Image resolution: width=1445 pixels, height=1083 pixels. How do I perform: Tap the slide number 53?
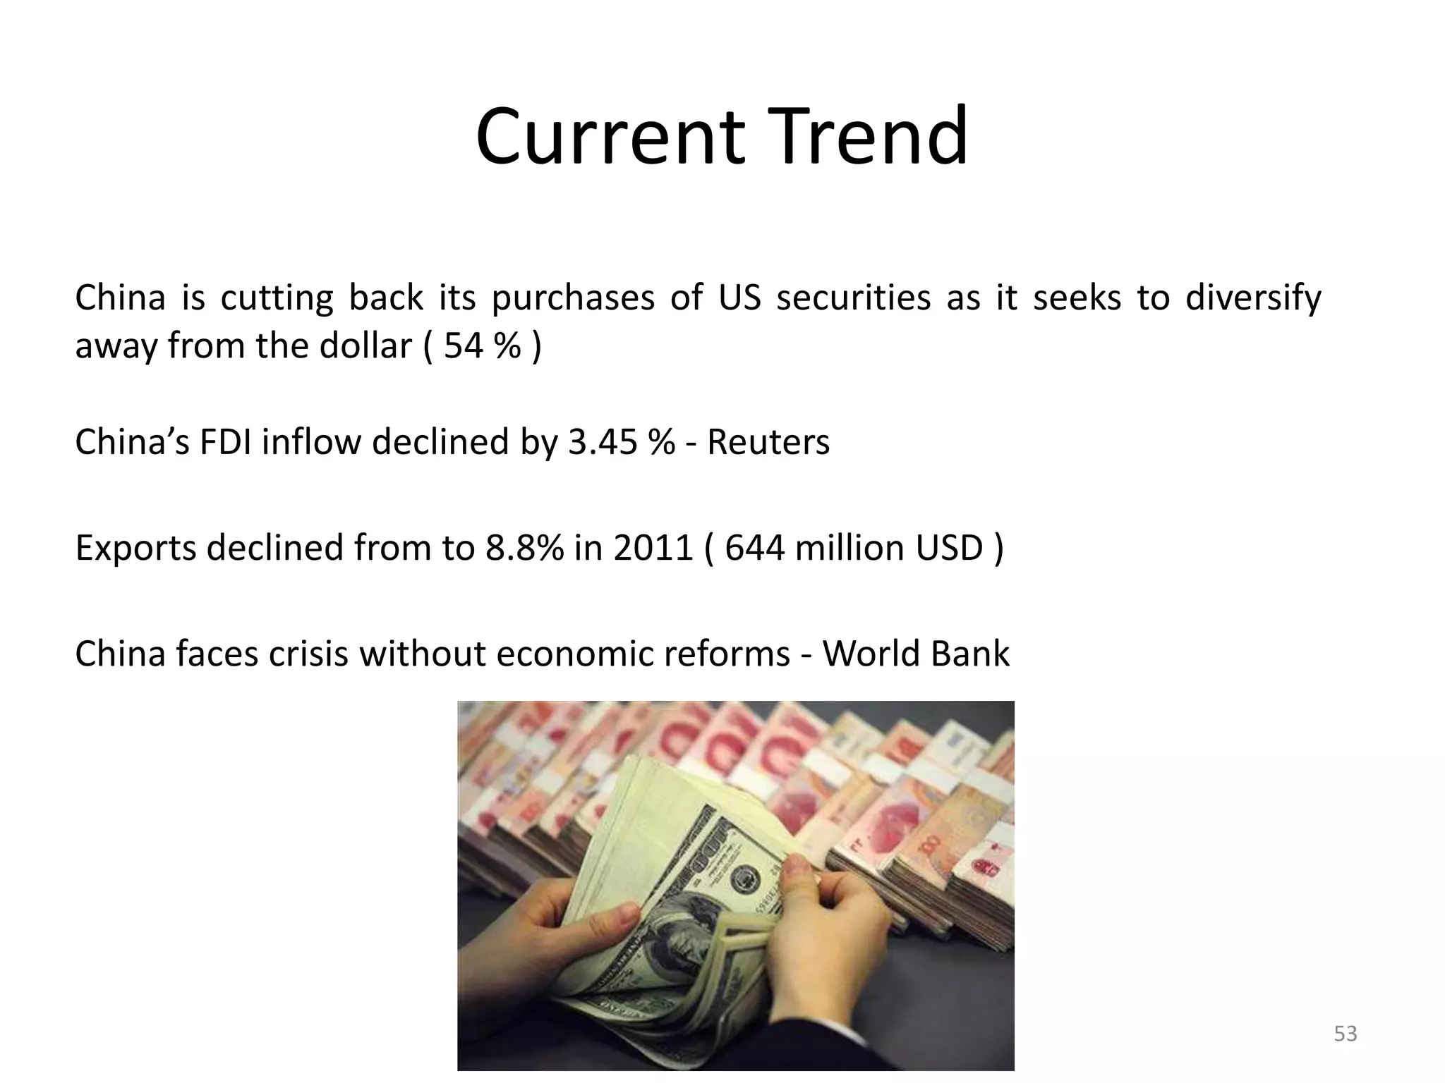[1346, 1034]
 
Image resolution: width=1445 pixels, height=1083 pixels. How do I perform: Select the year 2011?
[653, 548]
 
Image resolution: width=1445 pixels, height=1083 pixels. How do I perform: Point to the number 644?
[754, 548]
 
